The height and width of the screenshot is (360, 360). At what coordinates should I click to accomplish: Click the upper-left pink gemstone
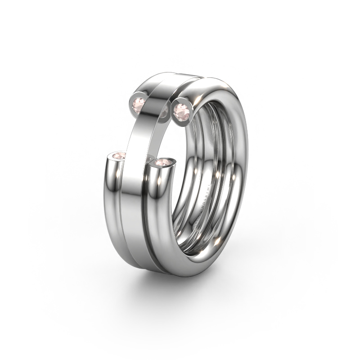[139, 103]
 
